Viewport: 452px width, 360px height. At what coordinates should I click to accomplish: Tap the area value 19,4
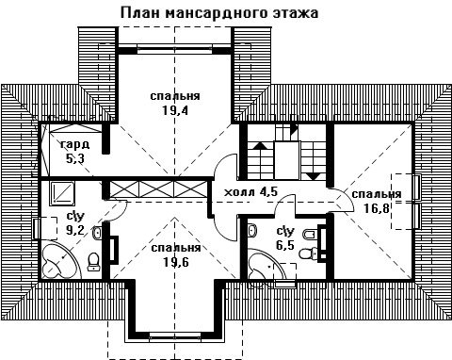pyautogui.click(x=175, y=110)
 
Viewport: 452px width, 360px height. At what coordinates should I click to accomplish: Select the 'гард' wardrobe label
pyautogui.click(x=75, y=145)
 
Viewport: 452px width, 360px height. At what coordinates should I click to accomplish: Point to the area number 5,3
pyautogui.click(x=75, y=158)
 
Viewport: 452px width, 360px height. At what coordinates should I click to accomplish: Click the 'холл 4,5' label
pyautogui.click(x=251, y=191)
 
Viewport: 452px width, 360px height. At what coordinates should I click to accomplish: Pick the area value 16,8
pyautogui.click(x=377, y=207)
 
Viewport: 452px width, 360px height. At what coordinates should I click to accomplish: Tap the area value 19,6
pyautogui.click(x=176, y=262)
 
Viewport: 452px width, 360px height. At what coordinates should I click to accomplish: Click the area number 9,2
pyautogui.click(x=75, y=230)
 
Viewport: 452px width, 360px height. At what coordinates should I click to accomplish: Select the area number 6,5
pyautogui.click(x=285, y=244)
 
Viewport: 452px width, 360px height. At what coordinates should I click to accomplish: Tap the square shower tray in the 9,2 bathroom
pyautogui.click(x=63, y=191)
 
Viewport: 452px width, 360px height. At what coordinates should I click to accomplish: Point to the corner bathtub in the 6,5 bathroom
pyautogui.click(x=266, y=266)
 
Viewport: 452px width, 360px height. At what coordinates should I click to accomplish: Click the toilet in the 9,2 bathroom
pyautogui.click(x=93, y=261)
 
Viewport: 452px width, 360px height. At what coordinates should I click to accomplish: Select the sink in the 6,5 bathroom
pyautogui.click(x=252, y=230)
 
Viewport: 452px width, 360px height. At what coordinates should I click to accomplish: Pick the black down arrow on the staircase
pyautogui.click(x=314, y=176)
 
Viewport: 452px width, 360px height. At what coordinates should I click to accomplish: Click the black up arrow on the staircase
pyautogui.click(x=260, y=145)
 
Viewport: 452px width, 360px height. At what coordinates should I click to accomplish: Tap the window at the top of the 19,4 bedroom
pyautogui.click(x=174, y=49)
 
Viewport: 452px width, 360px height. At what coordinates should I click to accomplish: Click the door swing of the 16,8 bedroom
pyautogui.click(x=343, y=201)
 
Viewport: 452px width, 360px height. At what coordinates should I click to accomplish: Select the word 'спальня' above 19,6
pyautogui.click(x=176, y=248)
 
